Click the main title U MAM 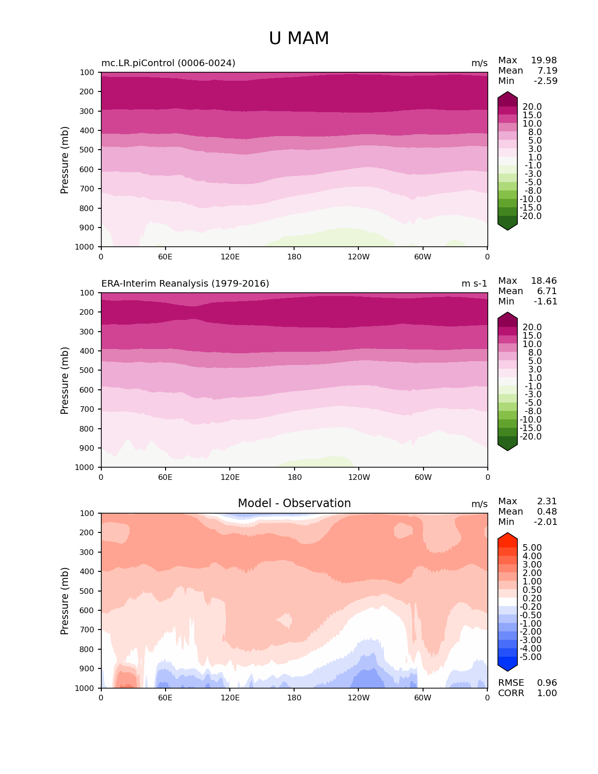(x=299, y=38)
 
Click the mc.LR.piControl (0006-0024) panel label (x=168, y=63)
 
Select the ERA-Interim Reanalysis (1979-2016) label (x=185, y=283)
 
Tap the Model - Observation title (x=294, y=503)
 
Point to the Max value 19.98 (x=544, y=60)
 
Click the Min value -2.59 (x=545, y=81)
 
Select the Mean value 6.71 (x=547, y=291)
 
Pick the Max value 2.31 (x=547, y=501)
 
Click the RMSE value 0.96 (x=547, y=683)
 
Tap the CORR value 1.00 (x=547, y=693)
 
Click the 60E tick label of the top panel (x=165, y=257)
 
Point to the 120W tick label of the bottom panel (x=358, y=698)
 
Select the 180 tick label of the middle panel (x=294, y=477)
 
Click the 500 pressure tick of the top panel (x=88, y=150)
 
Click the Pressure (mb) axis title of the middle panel (x=65, y=380)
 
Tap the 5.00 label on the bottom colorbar (x=532, y=547)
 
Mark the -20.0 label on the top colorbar (x=532, y=216)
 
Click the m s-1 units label (x=474, y=283)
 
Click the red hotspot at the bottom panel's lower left (x=126, y=679)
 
